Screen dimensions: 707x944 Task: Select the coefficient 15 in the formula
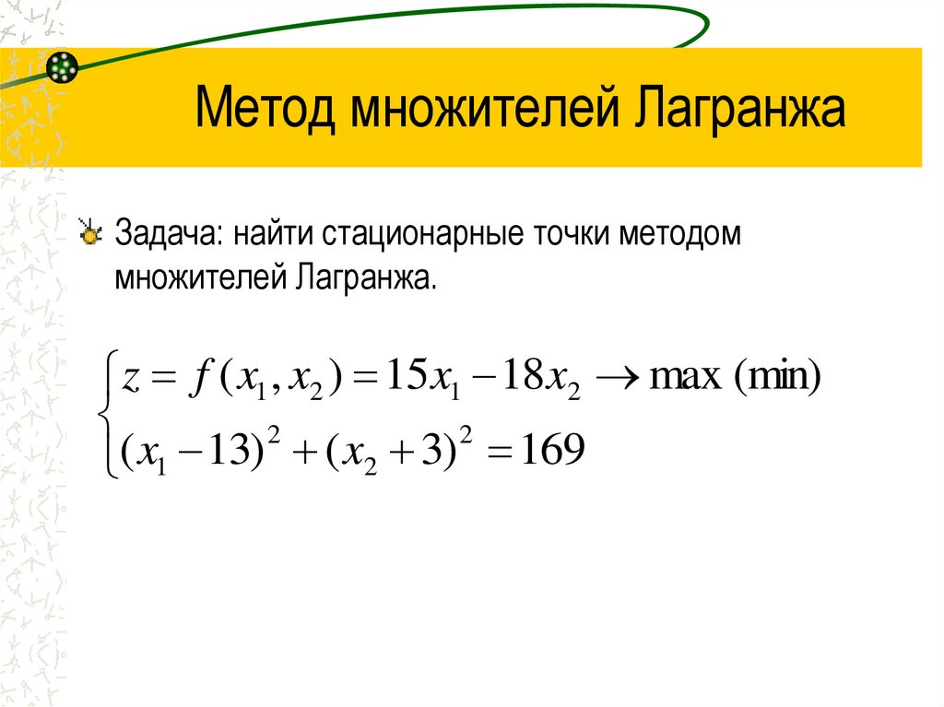399,377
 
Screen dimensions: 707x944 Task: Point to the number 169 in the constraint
551,451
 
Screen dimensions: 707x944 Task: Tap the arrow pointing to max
619,378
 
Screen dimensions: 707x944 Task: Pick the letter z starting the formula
130,379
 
